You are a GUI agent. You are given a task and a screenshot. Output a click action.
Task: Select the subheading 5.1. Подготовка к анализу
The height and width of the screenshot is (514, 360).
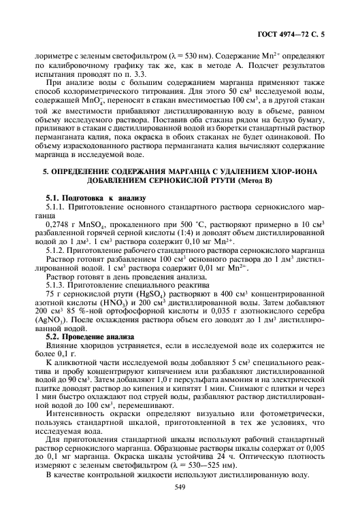95,198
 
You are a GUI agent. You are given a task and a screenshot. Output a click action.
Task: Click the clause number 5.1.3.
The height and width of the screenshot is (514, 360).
55,284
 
